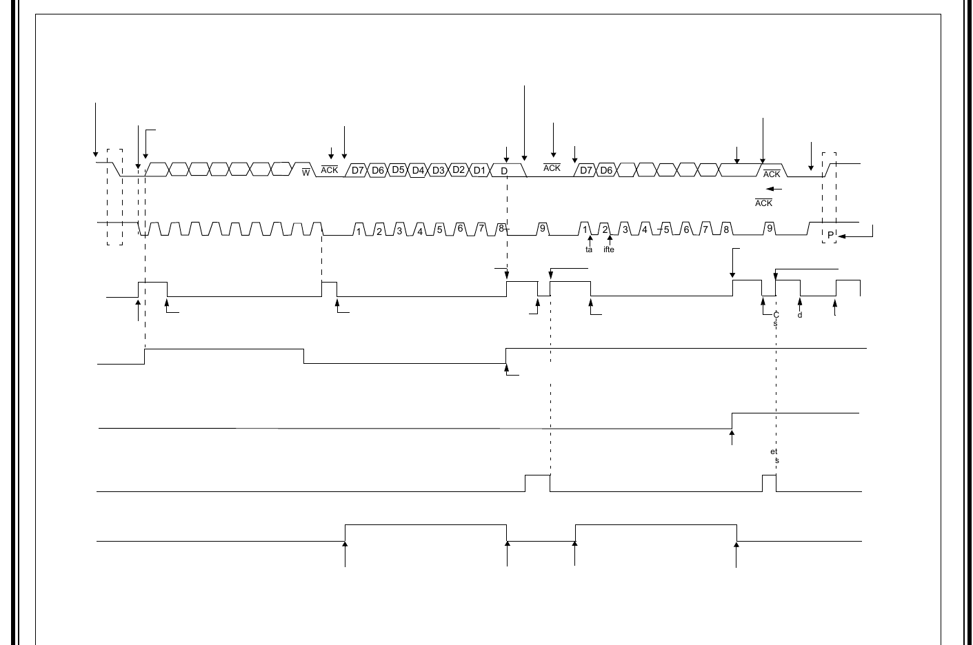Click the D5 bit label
click(x=397, y=170)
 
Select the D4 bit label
click(x=418, y=170)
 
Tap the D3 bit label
click(x=439, y=170)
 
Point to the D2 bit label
click(x=459, y=170)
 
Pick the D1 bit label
click(x=480, y=170)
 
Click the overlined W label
click(x=306, y=172)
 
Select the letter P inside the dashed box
click(x=830, y=235)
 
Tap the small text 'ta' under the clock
click(x=589, y=249)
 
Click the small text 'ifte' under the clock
click(x=609, y=249)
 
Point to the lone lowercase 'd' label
click(x=800, y=316)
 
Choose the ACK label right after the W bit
click(x=330, y=170)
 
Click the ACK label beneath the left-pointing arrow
click(x=763, y=203)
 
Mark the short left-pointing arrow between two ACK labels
click(x=773, y=188)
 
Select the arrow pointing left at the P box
click(x=855, y=236)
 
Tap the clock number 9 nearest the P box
click(x=770, y=228)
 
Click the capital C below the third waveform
click(x=776, y=315)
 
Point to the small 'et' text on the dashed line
click(x=774, y=452)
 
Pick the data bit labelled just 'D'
click(x=504, y=171)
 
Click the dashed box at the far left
click(x=115, y=196)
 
